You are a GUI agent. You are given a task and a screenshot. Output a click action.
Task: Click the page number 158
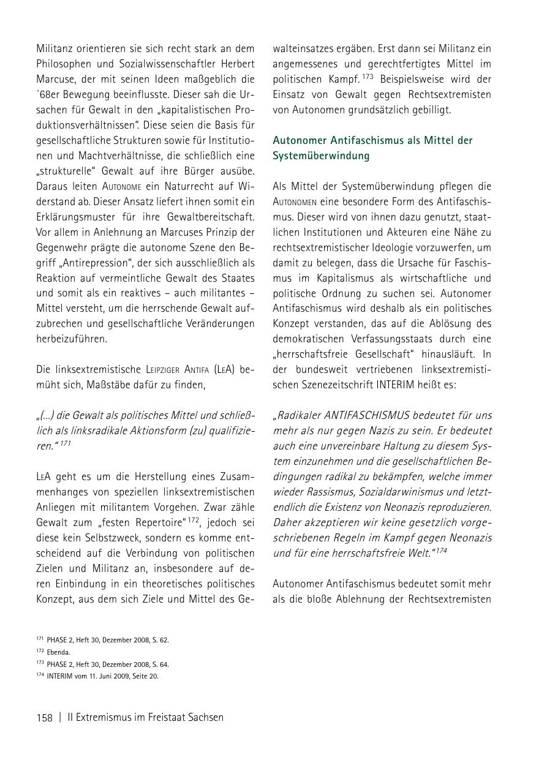(45, 717)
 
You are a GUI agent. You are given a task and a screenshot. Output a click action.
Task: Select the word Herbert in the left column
(236, 64)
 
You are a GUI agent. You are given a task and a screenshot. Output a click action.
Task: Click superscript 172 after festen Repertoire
(194, 519)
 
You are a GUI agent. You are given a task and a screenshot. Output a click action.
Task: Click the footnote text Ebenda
(58, 652)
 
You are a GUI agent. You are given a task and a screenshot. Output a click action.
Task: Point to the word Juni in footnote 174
(103, 676)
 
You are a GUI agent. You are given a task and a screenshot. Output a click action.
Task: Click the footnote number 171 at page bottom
(40, 639)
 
